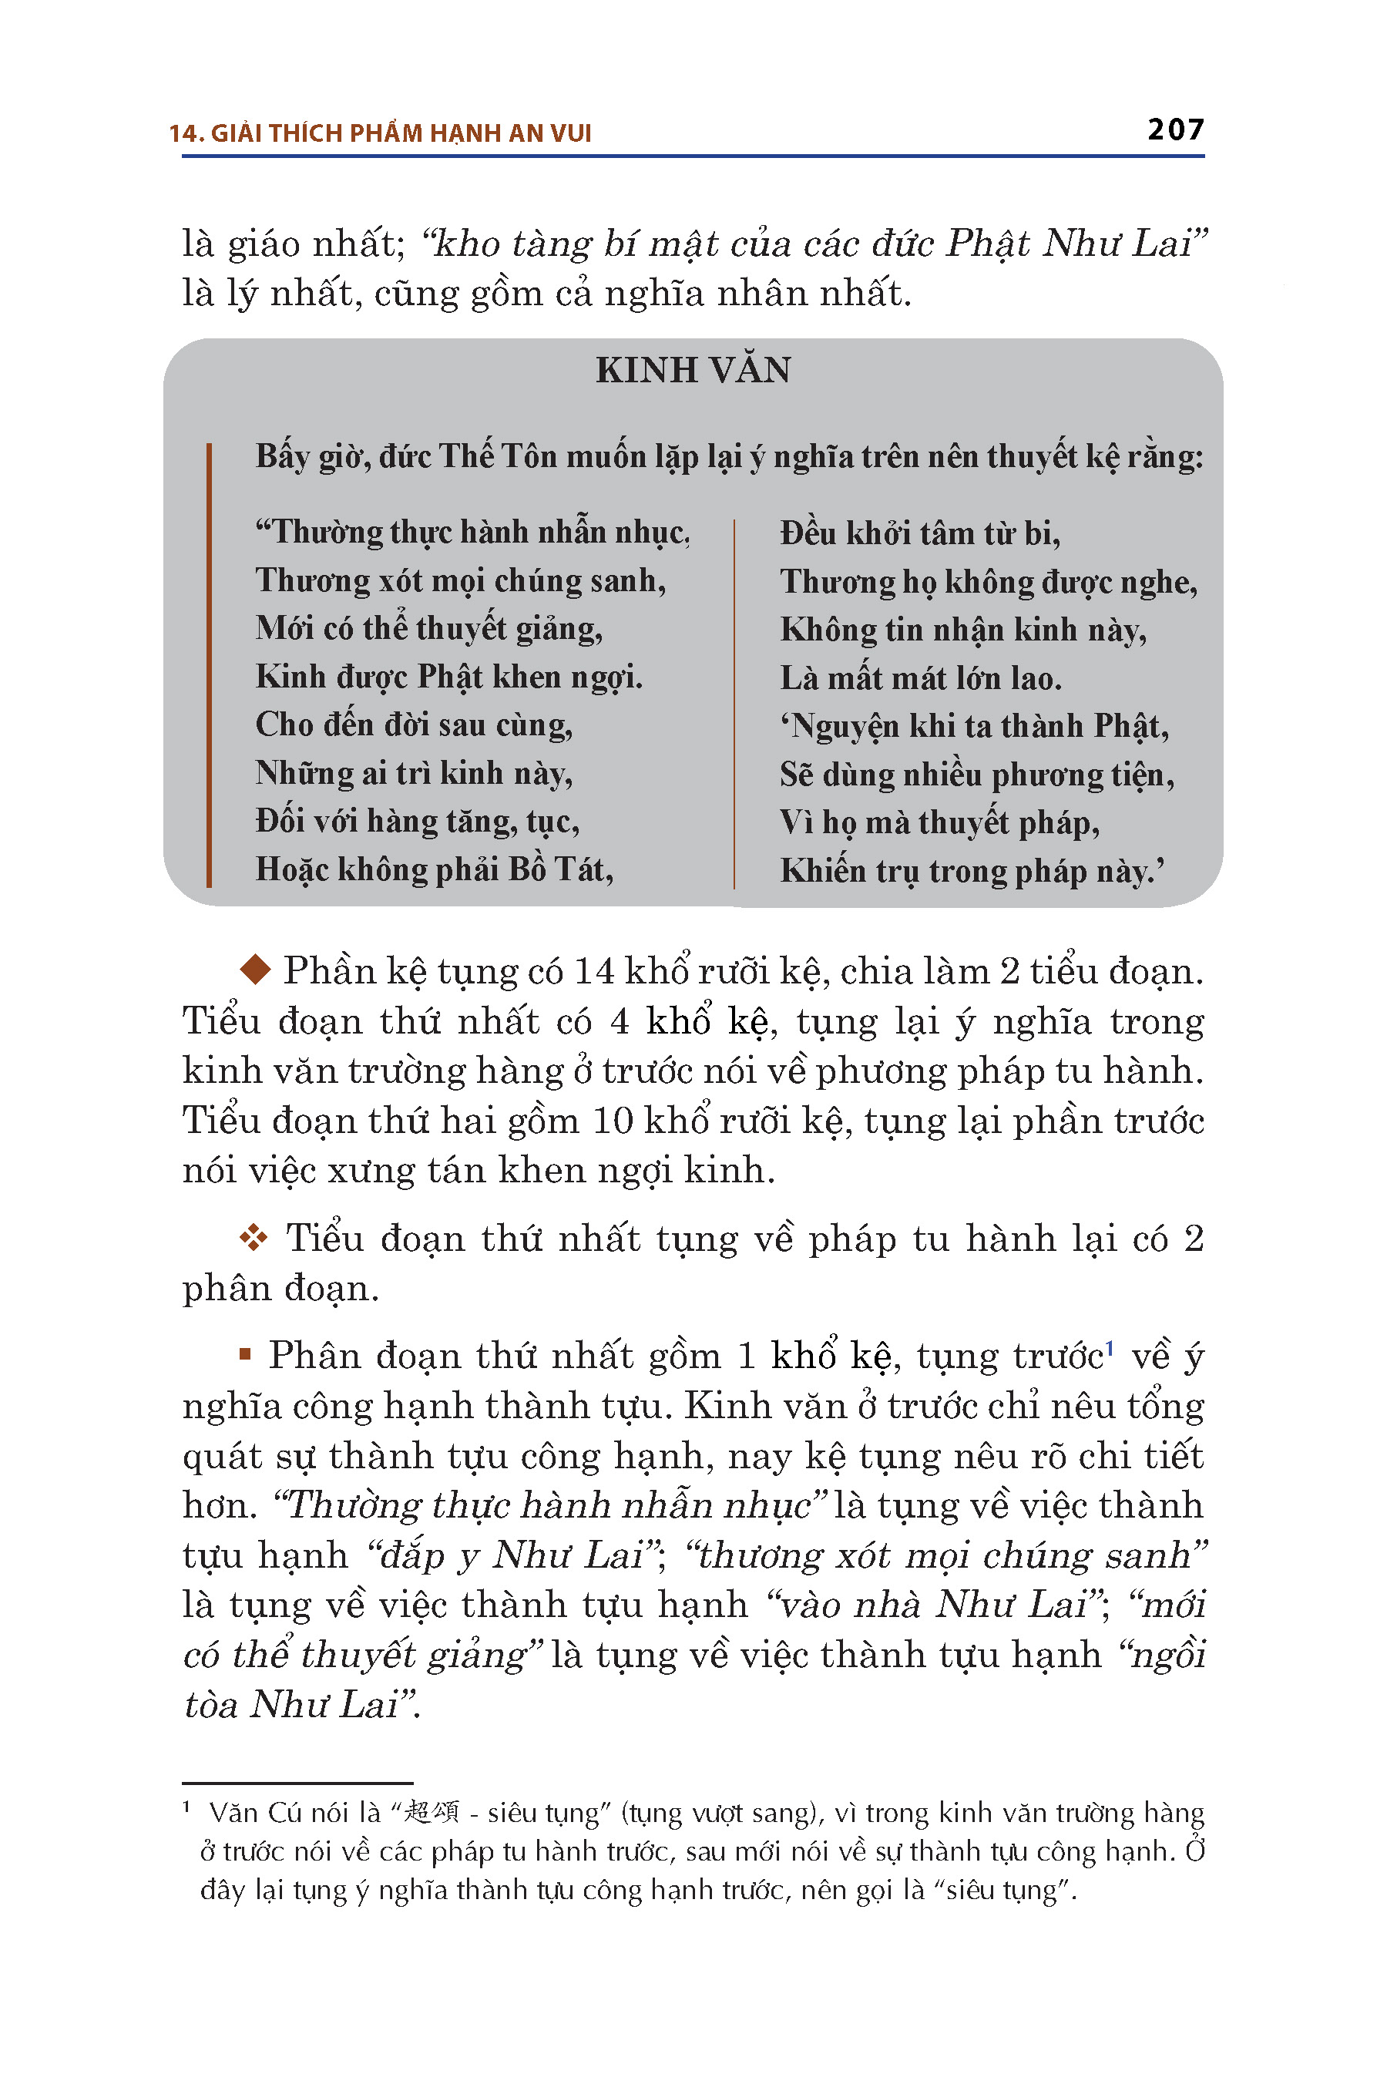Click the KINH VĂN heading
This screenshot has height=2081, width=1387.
(693, 370)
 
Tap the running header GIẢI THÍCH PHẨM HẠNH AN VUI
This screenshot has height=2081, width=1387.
(401, 133)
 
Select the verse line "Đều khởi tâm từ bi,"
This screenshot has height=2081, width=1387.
(919, 533)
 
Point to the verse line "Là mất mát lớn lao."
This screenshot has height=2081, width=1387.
(920, 677)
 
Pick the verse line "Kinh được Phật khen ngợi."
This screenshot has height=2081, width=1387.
(448, 677)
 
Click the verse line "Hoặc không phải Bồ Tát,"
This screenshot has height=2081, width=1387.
(435, 869)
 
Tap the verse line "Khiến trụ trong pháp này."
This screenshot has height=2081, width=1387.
(971, 872)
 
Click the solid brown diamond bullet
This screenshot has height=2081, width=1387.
(256, 970)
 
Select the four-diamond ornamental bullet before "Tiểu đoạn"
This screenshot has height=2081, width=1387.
(254, 1238)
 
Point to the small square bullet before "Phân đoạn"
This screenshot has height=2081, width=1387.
(246, 1353)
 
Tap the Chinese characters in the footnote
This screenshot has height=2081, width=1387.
(431, 1812)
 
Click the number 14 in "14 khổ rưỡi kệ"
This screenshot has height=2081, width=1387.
(593, 971)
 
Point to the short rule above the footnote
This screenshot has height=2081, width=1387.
(297, 1783)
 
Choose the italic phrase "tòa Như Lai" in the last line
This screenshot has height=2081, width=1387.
(299, 1705)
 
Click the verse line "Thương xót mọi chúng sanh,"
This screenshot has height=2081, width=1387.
(460, 580)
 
